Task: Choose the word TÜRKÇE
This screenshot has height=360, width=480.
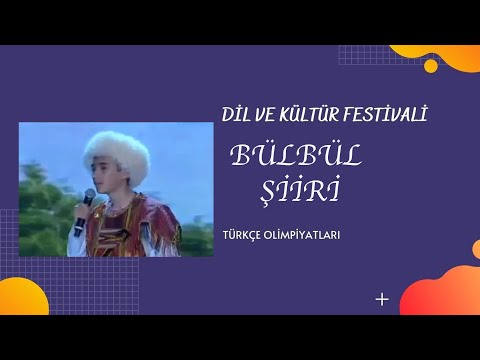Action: click(x=246, y=238)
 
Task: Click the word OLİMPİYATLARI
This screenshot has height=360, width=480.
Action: click(x=306, y=238)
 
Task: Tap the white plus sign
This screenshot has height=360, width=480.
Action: click(x=381, y=298)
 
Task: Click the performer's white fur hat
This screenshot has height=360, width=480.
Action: click(x=117, y=149)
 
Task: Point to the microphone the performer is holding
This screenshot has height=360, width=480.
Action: click(x=86, y=207)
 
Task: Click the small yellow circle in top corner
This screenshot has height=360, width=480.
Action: click(x=431, y=66)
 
